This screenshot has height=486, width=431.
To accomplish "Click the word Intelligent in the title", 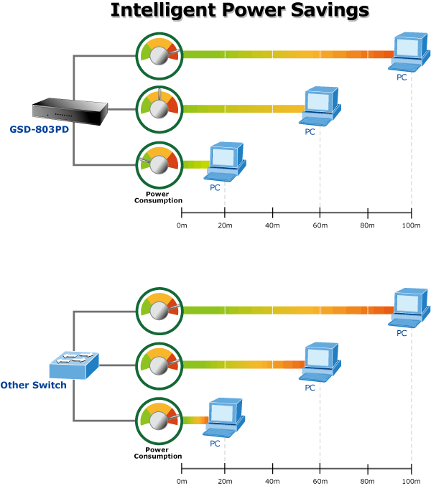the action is coord(164,11).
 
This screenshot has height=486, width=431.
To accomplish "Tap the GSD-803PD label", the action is coord(39,129).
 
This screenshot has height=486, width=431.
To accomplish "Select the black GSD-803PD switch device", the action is coord(70,111).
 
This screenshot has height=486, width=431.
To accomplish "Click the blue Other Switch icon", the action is coord(74,365).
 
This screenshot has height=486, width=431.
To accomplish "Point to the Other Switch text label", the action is coord(34,385).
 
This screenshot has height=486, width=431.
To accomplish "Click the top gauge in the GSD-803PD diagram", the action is coord(159,56).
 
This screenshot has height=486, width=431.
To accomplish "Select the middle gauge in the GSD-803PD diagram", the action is coord(159,109).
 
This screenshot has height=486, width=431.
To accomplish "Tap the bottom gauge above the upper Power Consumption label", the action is coord(159,164).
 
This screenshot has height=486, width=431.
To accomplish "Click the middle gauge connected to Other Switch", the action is coord(159,365).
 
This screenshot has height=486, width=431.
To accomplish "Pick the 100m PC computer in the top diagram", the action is coord(409,52).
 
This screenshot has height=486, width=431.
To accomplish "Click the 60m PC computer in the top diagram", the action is coord(320,106).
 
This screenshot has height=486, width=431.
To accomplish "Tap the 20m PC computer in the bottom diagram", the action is coord(224,418).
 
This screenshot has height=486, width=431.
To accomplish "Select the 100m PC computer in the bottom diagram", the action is coord(409,308).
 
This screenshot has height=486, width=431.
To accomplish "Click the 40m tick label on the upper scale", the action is coord(272,225).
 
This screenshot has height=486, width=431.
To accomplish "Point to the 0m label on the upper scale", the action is coord(182,225).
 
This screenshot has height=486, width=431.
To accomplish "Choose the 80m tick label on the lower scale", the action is coord(367,482).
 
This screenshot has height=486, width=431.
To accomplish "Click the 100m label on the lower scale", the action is coord(411,482).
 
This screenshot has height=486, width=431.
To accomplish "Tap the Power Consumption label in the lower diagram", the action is coord(158,453).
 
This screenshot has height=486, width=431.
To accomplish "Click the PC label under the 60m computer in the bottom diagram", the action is coord(310,388).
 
